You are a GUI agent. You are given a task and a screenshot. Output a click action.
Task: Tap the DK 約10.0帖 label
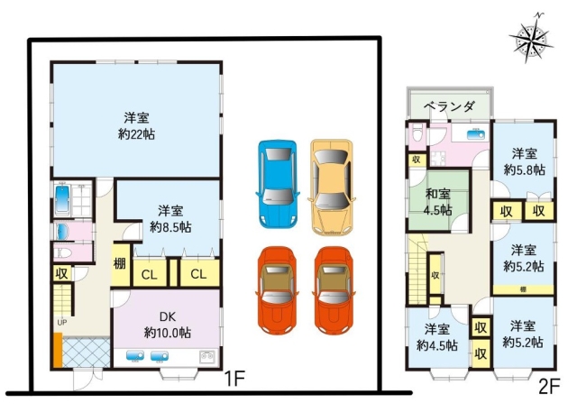167,324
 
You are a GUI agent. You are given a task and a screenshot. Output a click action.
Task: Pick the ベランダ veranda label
449,105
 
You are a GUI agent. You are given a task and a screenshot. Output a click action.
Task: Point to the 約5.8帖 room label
524,160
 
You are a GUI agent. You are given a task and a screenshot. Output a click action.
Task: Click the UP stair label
62,322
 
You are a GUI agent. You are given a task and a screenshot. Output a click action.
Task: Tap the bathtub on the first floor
69,198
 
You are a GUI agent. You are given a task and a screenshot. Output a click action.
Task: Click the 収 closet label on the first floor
61,272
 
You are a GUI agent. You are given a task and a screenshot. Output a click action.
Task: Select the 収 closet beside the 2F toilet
416,160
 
